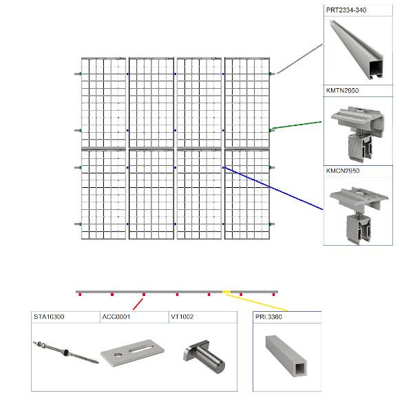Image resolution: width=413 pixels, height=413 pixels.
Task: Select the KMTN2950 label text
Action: click(x=342, y=90)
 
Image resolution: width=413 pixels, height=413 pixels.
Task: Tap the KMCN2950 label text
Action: click(x=342, y=170)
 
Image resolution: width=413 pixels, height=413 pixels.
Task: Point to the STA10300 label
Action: click(x=48, y=317)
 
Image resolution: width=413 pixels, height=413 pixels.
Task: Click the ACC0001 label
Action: click(x=116, y=317)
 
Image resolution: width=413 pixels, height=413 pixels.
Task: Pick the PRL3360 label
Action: click(x=268, y=317)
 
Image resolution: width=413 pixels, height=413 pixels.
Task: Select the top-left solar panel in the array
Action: click(x=103, y=102)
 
